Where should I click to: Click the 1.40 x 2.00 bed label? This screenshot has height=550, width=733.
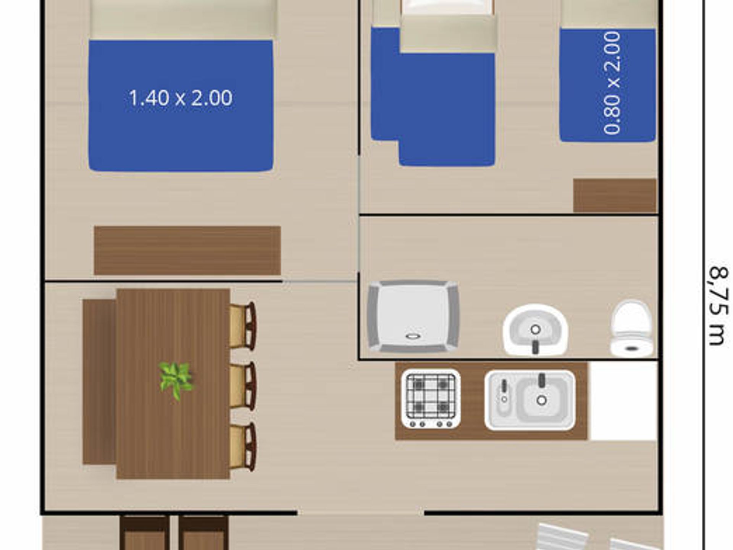coord(180,98)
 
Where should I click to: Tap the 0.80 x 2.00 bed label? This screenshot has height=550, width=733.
coord(612,83)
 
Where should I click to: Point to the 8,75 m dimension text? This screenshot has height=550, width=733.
coord(718,306)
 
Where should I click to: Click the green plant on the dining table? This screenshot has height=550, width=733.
coord(176,380)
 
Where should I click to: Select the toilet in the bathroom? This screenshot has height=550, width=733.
coord(631,329)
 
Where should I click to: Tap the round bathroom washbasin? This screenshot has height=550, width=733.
coord(535,330)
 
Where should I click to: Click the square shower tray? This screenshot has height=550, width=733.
coord(413,316)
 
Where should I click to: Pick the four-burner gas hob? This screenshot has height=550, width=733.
coord(431,398)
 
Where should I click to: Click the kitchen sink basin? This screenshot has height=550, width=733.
coord(530,400)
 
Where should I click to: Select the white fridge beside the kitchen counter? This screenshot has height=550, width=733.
coord(623,401)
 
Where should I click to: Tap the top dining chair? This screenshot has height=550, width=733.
coord(243,326)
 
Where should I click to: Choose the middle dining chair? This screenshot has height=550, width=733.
coord(243,386)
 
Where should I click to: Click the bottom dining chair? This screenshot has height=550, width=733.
coord(243,446)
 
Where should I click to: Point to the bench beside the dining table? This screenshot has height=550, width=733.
coord(99,382)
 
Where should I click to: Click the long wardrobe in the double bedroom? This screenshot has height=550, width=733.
coord(187,251)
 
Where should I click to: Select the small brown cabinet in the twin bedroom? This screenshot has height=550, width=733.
coord(615,196)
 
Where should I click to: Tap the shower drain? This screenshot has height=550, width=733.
coord(413,336)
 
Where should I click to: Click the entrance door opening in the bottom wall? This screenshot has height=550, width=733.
coord(361,513)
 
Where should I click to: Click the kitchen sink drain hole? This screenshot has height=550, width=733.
coord(541,400)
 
